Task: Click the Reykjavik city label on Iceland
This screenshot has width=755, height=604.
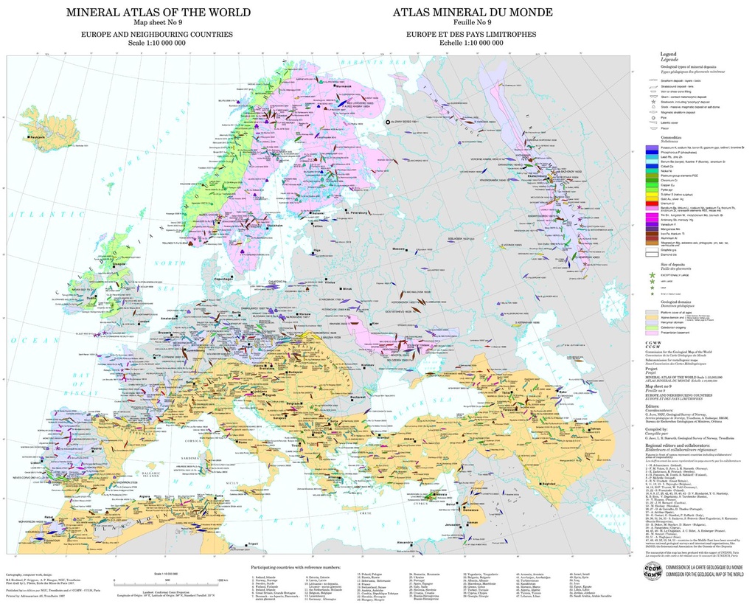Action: (x=38, y=136)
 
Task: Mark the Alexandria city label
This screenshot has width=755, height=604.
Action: (x=406, y=543)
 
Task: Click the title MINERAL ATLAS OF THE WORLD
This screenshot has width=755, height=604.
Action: (x=158, y=13)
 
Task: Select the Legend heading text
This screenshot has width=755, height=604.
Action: (x=668, y=54)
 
